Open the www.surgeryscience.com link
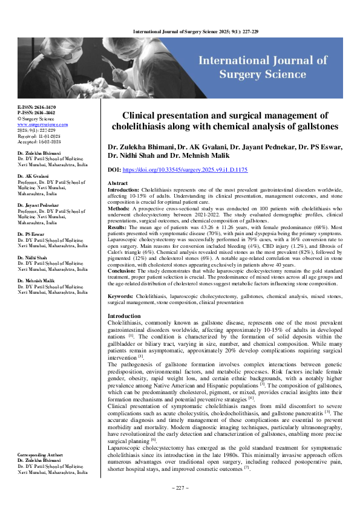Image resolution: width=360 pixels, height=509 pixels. pos(42,125)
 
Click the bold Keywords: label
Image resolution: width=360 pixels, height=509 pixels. pos(120,297)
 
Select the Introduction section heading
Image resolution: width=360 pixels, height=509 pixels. pos(124,316)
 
